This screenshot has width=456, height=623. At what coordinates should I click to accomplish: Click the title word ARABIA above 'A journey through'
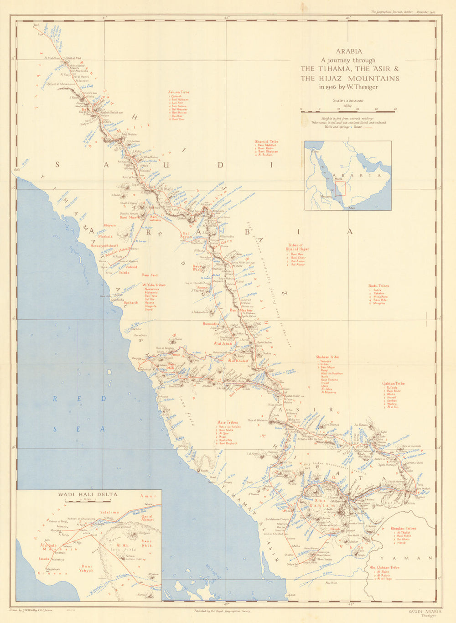[x=349, y=52]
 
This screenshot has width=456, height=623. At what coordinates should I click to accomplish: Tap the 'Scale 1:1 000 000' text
[x=348, y=100]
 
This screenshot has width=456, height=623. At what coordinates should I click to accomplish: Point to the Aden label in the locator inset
[x=351, y=208]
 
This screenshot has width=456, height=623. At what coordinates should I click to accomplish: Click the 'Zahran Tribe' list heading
[x=178, y=92]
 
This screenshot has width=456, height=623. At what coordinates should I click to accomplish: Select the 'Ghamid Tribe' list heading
[x=266, y=141]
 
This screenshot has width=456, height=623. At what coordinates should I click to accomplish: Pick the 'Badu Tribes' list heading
[x=378, y=286]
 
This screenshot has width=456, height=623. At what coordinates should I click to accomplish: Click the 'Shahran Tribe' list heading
[x=327, y=357]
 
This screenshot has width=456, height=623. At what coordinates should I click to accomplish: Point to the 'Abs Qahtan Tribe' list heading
[x=384, y=567]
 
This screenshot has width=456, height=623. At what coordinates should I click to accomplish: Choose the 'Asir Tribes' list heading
[x=228, y=422]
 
